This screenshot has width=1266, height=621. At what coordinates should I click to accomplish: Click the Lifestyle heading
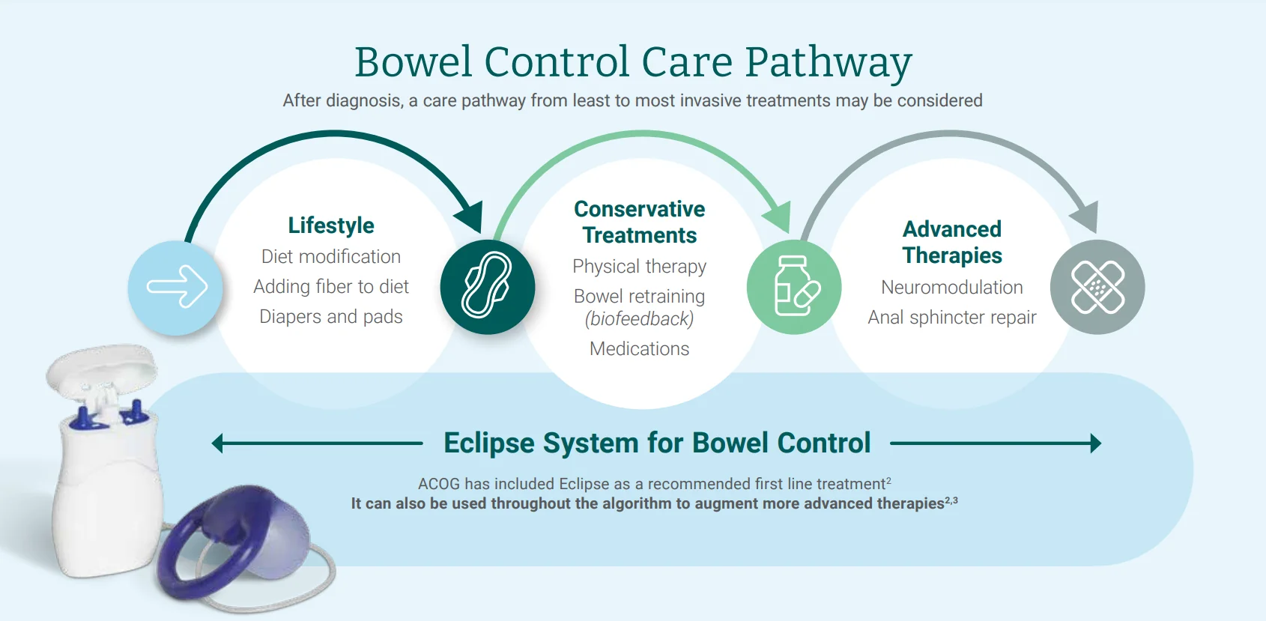[331, 225]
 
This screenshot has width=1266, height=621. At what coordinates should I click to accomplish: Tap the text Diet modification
[331, 257]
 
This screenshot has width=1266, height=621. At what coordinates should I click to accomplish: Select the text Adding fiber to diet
[331, 287]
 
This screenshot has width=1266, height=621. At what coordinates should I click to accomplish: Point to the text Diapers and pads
[331, 317]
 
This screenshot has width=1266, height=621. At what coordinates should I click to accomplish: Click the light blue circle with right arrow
[176, 287]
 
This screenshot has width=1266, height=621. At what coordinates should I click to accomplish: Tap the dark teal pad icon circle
[488, 287]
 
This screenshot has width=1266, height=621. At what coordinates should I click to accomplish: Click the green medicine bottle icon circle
[794, 287]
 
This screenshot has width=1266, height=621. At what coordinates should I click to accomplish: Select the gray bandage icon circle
[1097, 287]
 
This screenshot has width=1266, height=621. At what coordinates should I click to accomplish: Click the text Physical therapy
[639, 267]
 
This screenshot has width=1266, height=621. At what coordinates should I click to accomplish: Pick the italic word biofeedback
[639, 319]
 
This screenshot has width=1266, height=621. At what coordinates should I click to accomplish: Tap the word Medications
[639, 349]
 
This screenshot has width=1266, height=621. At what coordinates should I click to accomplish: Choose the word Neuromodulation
[951, 288]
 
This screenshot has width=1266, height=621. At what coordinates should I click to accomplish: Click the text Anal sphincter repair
[951, 318]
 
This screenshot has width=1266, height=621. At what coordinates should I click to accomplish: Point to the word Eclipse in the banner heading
[489, 443]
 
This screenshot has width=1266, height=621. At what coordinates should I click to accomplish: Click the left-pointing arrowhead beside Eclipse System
[218, 443]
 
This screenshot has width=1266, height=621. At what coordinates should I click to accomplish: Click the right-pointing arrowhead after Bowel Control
[1095, 443]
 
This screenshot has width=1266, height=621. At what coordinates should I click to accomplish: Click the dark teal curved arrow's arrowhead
[470, 217]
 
